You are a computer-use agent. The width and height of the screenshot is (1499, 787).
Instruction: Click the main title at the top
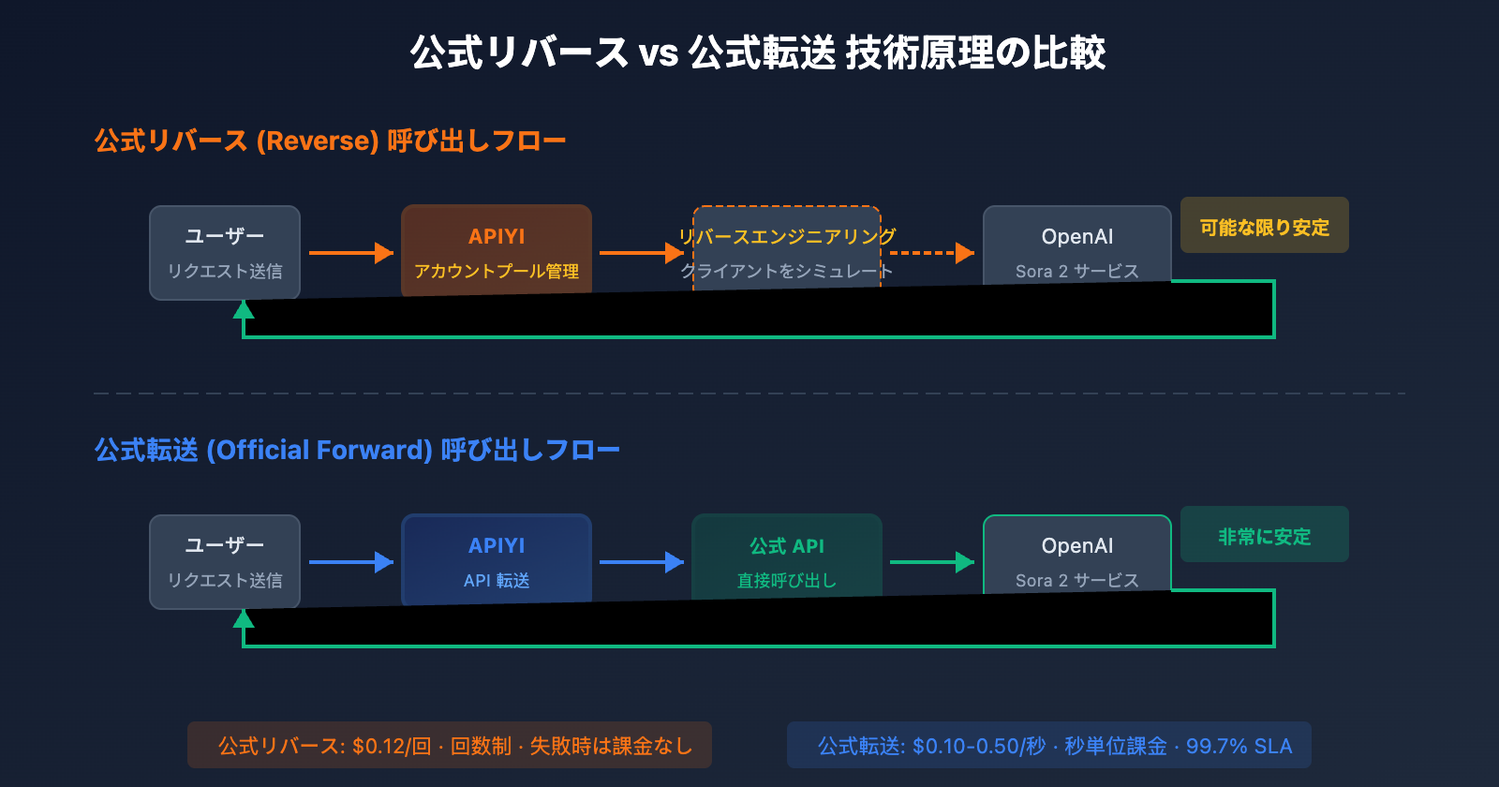tap(757, 52)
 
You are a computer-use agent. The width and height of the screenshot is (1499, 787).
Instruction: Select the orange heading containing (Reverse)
tap(330, 141)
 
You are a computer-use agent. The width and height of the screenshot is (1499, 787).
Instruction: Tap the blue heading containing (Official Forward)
tap(356, 450)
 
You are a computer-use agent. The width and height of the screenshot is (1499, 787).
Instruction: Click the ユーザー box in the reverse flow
tap(225, 251)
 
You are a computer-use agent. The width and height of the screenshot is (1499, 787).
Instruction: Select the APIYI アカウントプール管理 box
tap(497, 249)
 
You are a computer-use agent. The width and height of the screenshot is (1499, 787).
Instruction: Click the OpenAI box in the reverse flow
tap(1077, 245)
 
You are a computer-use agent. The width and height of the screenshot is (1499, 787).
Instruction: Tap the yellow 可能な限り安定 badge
tap(1264, 225)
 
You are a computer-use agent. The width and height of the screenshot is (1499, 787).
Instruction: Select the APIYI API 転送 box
tap(497, 558)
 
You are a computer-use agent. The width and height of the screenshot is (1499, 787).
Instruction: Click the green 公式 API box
tap(787, 557)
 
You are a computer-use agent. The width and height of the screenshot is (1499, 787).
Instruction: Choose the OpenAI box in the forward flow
tap(1077, 555)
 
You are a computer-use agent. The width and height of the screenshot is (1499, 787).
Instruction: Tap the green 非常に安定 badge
tap(1264, 534)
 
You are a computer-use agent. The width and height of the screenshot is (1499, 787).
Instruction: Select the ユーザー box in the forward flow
tap(225, 560)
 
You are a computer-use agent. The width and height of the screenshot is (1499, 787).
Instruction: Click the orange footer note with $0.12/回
tap(450, 745)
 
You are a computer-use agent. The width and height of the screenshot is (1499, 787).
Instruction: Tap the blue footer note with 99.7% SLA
tap(1048, 745)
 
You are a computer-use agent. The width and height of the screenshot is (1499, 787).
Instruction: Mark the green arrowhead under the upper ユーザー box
tap(244, 309)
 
